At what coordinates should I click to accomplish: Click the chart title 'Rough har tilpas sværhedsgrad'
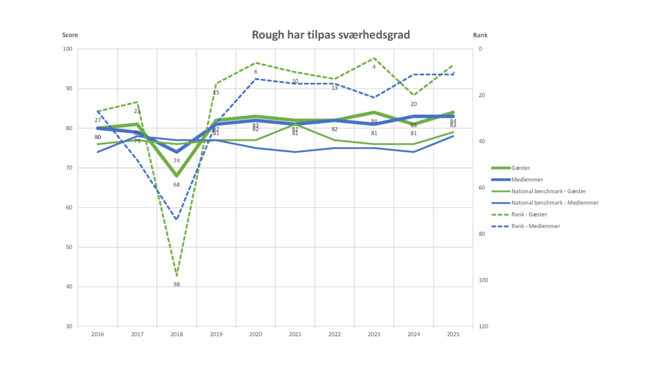pyautogui.click(x=330, y=34)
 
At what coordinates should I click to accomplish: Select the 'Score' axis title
pyautogui.click(x=70, y=35)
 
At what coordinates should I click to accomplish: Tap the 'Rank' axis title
pyautogui.click(x=480, y=35)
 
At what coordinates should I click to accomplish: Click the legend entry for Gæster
pyautogui.click(x=520, y=168)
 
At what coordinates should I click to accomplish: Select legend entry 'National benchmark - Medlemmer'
pyautogui.click(x=554, y=203)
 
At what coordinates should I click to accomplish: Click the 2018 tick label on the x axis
pyautogui.click(x=176, y=334)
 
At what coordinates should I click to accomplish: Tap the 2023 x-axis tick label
pyautogui.click(x=374, y=334)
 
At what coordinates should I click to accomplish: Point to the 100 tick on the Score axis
pyautogui.click(x=68, y=49)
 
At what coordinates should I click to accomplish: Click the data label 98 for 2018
pyautogui.click(x=176, y=284)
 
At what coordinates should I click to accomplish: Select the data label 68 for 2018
pyautogui.click(x=176, y=185)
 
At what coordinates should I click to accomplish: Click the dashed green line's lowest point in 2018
pyautogui.click(x=176, y=276)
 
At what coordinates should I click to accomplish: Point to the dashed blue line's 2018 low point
pyautogui.click(x=176, y=219)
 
